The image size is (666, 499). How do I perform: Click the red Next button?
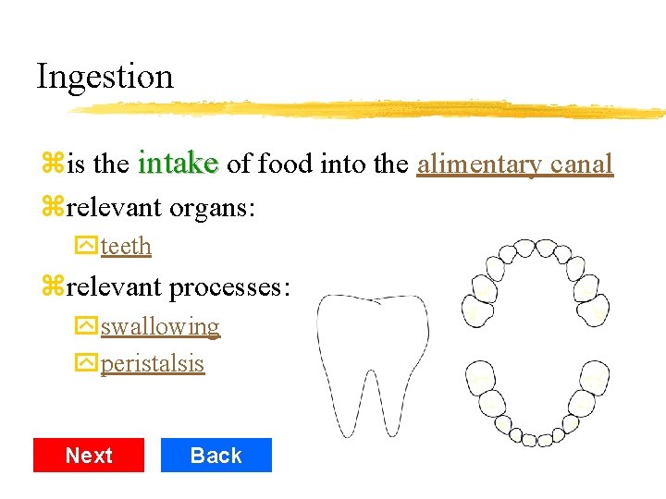coord(89,456)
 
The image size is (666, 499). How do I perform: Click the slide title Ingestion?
coord(105,76)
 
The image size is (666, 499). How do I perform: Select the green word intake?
coord(178,164)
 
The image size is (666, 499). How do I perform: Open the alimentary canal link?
coord(515,164)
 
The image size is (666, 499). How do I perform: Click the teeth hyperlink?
coord(126,247)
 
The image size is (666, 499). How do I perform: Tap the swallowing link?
coord(160,327)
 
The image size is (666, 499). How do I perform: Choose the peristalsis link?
coord(153,363)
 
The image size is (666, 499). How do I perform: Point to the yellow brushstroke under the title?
coord(370,109)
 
